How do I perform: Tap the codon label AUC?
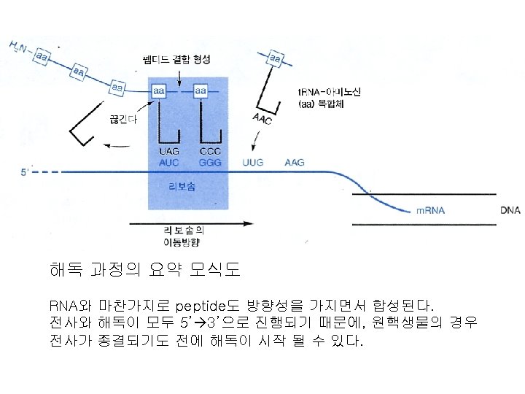coord(168,161)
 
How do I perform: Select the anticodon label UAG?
coord(168,152)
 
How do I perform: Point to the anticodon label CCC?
coord(209,152)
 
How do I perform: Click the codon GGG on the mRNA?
coord(209,161)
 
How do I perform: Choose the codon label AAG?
coord(295,161)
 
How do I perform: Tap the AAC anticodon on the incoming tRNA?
coord(262,119)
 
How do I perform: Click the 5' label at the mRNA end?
coord(25,173)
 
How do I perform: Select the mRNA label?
coord(431,211)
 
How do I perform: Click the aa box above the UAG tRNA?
coord(159,90)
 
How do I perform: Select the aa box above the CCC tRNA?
coord(200,90)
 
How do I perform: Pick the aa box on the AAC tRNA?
coord(276,57)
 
